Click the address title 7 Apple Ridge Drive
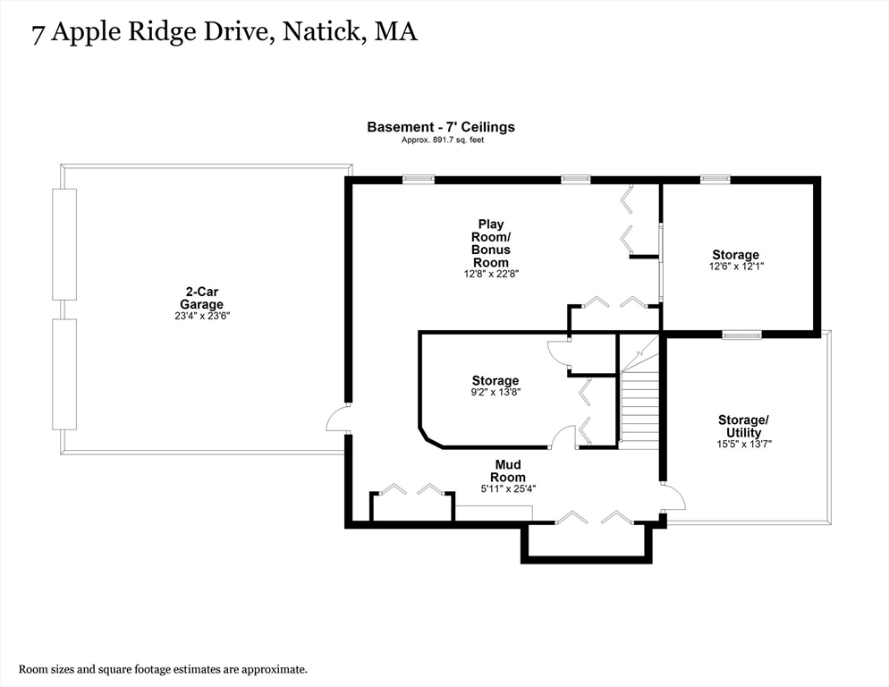(x=224, y=33)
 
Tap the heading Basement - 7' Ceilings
(x=441, y=127)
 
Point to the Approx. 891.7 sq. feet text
(x=441, y=140)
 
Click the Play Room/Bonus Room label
(x=491, y=243)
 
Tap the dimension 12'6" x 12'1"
(x=735, y=267)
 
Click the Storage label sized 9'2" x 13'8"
(x=495, y=381)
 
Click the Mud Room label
(x=509, y=471)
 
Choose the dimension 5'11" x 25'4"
(x=508, y=488)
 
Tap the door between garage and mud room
(x=338, y=419)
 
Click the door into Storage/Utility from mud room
(x=673, y=497)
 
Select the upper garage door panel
(x=64, y=243)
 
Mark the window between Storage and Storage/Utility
(x=741, y=335)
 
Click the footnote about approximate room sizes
(x=164, y=669)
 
